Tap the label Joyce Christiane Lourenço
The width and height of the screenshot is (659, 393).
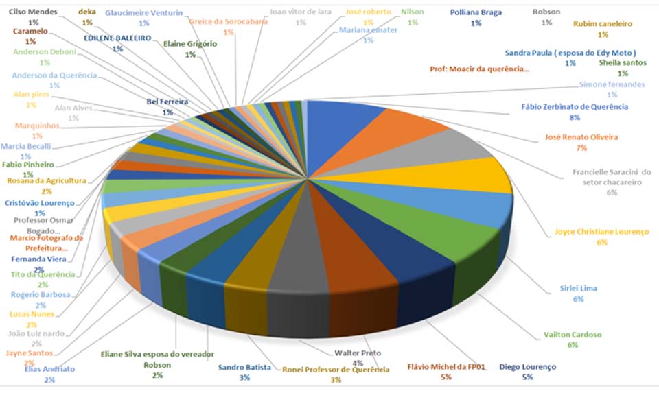pyautogui.click(x=601, y=232)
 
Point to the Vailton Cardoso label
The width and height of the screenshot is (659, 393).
pyautogui.click(x=573, y=335)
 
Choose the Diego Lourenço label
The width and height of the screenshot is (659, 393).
pyautogui.click(x=527, y=366)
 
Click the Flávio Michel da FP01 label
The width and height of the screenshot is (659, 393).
pyautogui.click(x=446, y=366)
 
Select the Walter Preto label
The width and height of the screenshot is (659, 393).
pyautogui.click(x=358, y=354)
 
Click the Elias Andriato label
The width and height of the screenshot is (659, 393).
pyautogui.click(x=49, y=369)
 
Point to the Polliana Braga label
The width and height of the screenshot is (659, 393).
pyautogui.click(x=476, y=12)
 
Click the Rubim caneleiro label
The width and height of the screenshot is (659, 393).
pyautogui.click(x=602, y=24)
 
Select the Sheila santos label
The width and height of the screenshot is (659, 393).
pyautogui.click(x=623, y=62)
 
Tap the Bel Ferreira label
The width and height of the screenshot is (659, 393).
pyautogui.click(x=167, y=102)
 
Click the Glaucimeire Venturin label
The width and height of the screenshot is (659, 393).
pyautogui.click(x=143, y=12)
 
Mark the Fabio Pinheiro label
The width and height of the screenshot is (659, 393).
pyautogui.click(x=28, y=165)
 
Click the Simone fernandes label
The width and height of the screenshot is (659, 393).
pyautogui.click(x=612, y=84)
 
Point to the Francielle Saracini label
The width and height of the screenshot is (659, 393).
pyautogui.click(x=612, y=172)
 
